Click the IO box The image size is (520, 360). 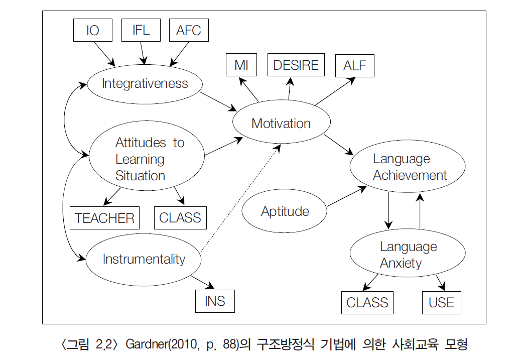coord(93,30)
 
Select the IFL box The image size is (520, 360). coord(141,30)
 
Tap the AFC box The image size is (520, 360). coord(189,30)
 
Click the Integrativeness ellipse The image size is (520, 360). coord(145,83)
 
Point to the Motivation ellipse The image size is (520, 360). coord(281,124)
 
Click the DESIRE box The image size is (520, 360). coord(296,65)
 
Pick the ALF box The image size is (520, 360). coord(355,66)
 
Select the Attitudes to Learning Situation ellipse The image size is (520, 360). coord(147,159)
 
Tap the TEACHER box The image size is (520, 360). coord(105,218)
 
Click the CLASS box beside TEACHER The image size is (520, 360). coord(180,218)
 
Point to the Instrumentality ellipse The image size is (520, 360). coord(144,259)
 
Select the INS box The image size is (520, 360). coord(215,301)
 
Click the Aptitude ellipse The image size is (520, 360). coord(285,211)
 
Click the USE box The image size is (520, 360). coord(441,303)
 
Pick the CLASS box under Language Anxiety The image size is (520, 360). coord(367,303)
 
